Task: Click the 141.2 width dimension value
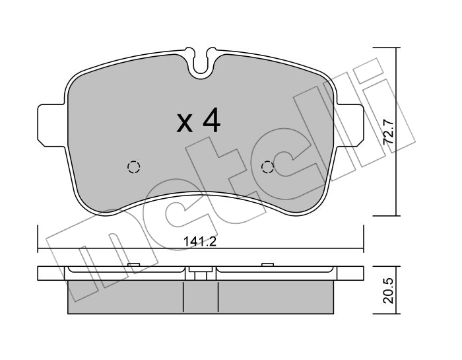200,242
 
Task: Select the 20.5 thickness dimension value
388,291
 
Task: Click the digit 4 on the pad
211,120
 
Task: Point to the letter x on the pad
184,124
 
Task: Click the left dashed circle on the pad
133,167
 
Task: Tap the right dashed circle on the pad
267,167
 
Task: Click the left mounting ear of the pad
51,125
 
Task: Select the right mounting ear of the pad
350,125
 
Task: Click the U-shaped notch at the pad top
201,63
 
